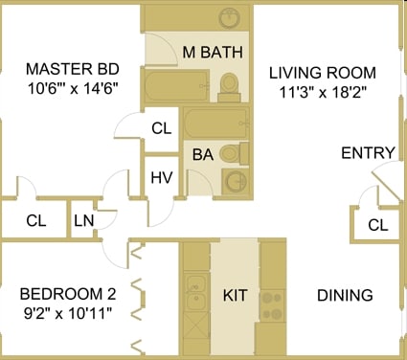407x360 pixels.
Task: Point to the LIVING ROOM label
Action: (x=323, y=73)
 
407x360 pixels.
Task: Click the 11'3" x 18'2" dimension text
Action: (x=323, y=94)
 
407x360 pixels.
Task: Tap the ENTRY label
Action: (x=367, y=153)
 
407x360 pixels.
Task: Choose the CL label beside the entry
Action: (x=377, y=225)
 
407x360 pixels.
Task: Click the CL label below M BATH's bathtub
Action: (x=161, y=128)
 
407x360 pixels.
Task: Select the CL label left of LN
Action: (x=36, y=221)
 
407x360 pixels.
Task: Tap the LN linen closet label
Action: (x=83, y=221)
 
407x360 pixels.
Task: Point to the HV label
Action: (x=160, y=176)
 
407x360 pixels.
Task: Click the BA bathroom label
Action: (x=202, y=153)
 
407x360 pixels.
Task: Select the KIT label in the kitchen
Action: (x=235, y=296)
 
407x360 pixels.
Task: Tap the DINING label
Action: (x=344, y=296)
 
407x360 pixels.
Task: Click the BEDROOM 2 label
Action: (x=66, y=294)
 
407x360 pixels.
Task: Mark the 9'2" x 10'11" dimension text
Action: (x=66, y=315)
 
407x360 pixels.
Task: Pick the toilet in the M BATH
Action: (x=228, y=86)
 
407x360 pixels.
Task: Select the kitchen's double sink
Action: (x=196, y=288)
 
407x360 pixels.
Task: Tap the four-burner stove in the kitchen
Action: (x=272, y=304)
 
